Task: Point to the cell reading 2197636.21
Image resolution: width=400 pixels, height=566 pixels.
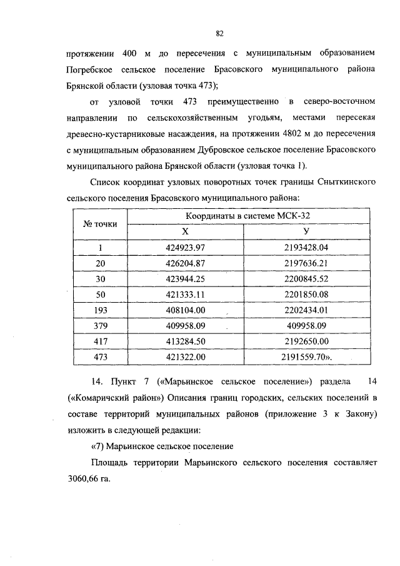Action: [306, 263]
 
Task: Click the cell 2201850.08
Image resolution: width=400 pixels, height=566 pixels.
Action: [306, 295]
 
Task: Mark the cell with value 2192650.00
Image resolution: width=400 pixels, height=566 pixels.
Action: [306, 341]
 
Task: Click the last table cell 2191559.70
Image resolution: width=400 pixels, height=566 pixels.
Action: [306, 357]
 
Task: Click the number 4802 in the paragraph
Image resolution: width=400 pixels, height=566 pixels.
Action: [283, 134]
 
